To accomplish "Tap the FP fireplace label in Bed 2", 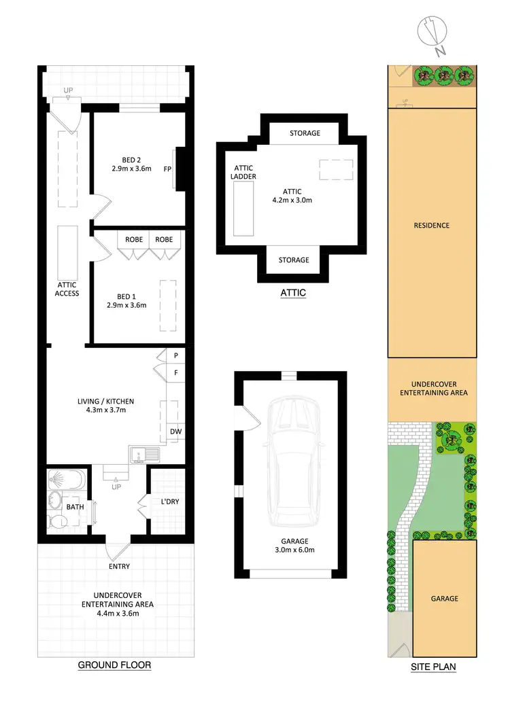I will tap(167, 169).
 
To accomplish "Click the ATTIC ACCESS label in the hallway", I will tap(67, 289).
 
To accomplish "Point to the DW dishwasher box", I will tap(175, 431).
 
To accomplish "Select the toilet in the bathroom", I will tap(56, 522).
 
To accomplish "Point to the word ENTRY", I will tap(118, 566).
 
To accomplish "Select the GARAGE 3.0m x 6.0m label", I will tap(291, 545).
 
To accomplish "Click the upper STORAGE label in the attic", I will tap(305, 133).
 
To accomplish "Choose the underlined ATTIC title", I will tap(293, 293).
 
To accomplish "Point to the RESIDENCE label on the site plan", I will tap(432, 226).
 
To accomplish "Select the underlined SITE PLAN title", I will tap(433, 667).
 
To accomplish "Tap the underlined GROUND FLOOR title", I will tap(114, 665).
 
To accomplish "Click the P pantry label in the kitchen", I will tap(175, 355).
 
